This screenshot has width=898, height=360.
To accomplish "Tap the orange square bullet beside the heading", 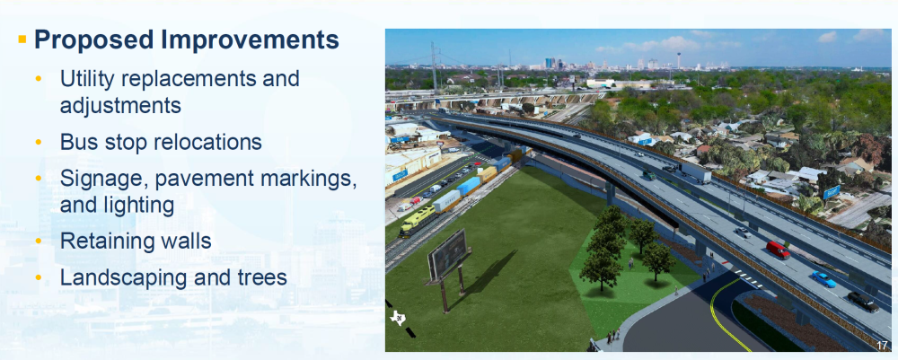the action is [23, 40].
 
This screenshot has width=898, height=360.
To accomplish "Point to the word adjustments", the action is [120, 106].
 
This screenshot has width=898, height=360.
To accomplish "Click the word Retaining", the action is [103, 241].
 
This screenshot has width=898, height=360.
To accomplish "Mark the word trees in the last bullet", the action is [261, 278].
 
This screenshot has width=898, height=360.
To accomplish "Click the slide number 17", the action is [882, 345].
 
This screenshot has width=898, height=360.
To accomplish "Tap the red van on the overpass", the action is [778, 250].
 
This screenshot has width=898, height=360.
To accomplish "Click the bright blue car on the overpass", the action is [823, 279].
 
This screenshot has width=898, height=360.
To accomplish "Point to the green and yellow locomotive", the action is [415, 222].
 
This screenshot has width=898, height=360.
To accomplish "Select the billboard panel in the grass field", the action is [447, 254].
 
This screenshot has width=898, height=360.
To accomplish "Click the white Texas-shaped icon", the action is [398, 318].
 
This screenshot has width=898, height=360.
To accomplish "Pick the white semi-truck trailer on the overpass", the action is [695, 171].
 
